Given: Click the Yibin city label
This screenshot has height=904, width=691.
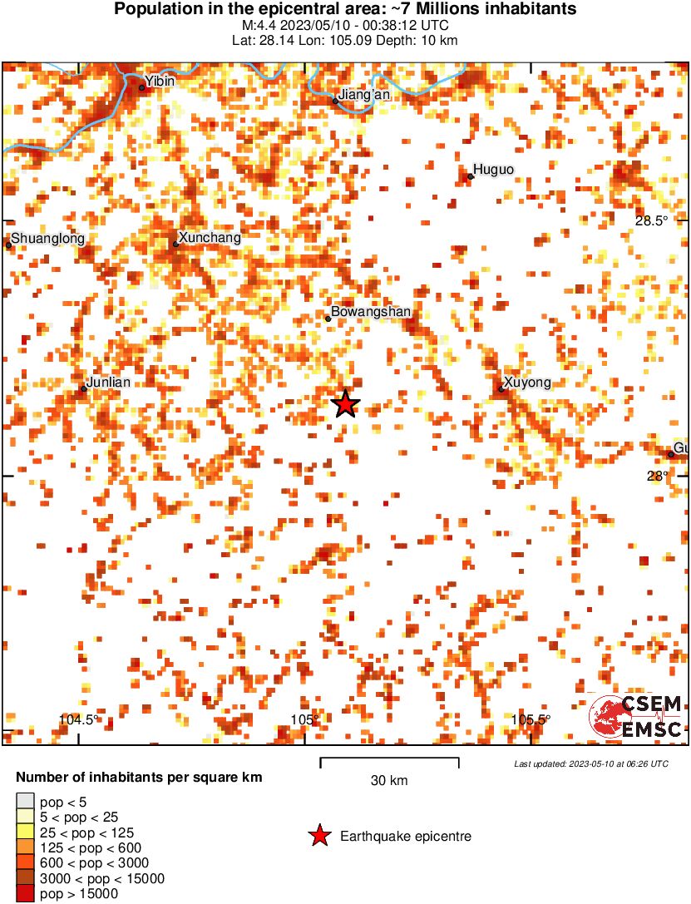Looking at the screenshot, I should [x=160, y=82].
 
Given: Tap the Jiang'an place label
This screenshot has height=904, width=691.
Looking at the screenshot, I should [x=364, y=95].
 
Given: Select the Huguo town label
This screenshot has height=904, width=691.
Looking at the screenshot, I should [x=494, y=170].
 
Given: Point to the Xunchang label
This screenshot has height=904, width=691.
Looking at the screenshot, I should [x=210, y=238].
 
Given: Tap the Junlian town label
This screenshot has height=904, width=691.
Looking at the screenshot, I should [x=109, y=383].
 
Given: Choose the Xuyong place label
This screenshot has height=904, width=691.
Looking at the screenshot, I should [x=527, y=383].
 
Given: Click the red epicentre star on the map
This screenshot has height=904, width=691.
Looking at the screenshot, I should [x=346, y=404].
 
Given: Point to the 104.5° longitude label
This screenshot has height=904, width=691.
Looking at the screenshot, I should [x=79, y=720].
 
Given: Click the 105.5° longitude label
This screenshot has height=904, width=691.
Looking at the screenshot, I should [x=531, y=720].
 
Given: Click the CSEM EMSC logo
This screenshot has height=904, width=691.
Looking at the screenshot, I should [x=636, y=717].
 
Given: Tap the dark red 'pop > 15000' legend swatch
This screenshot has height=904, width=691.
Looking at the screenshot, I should [x=25, y=894].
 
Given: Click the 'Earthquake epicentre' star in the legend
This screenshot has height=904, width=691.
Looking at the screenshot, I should [x=318, y=836].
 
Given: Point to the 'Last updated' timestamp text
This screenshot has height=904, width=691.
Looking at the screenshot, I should [x=590, y=763].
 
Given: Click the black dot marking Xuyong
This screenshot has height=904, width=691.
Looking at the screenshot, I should [x=501, y=389].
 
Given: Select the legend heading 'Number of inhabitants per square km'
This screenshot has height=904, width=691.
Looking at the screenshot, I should [x=140, y=778].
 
